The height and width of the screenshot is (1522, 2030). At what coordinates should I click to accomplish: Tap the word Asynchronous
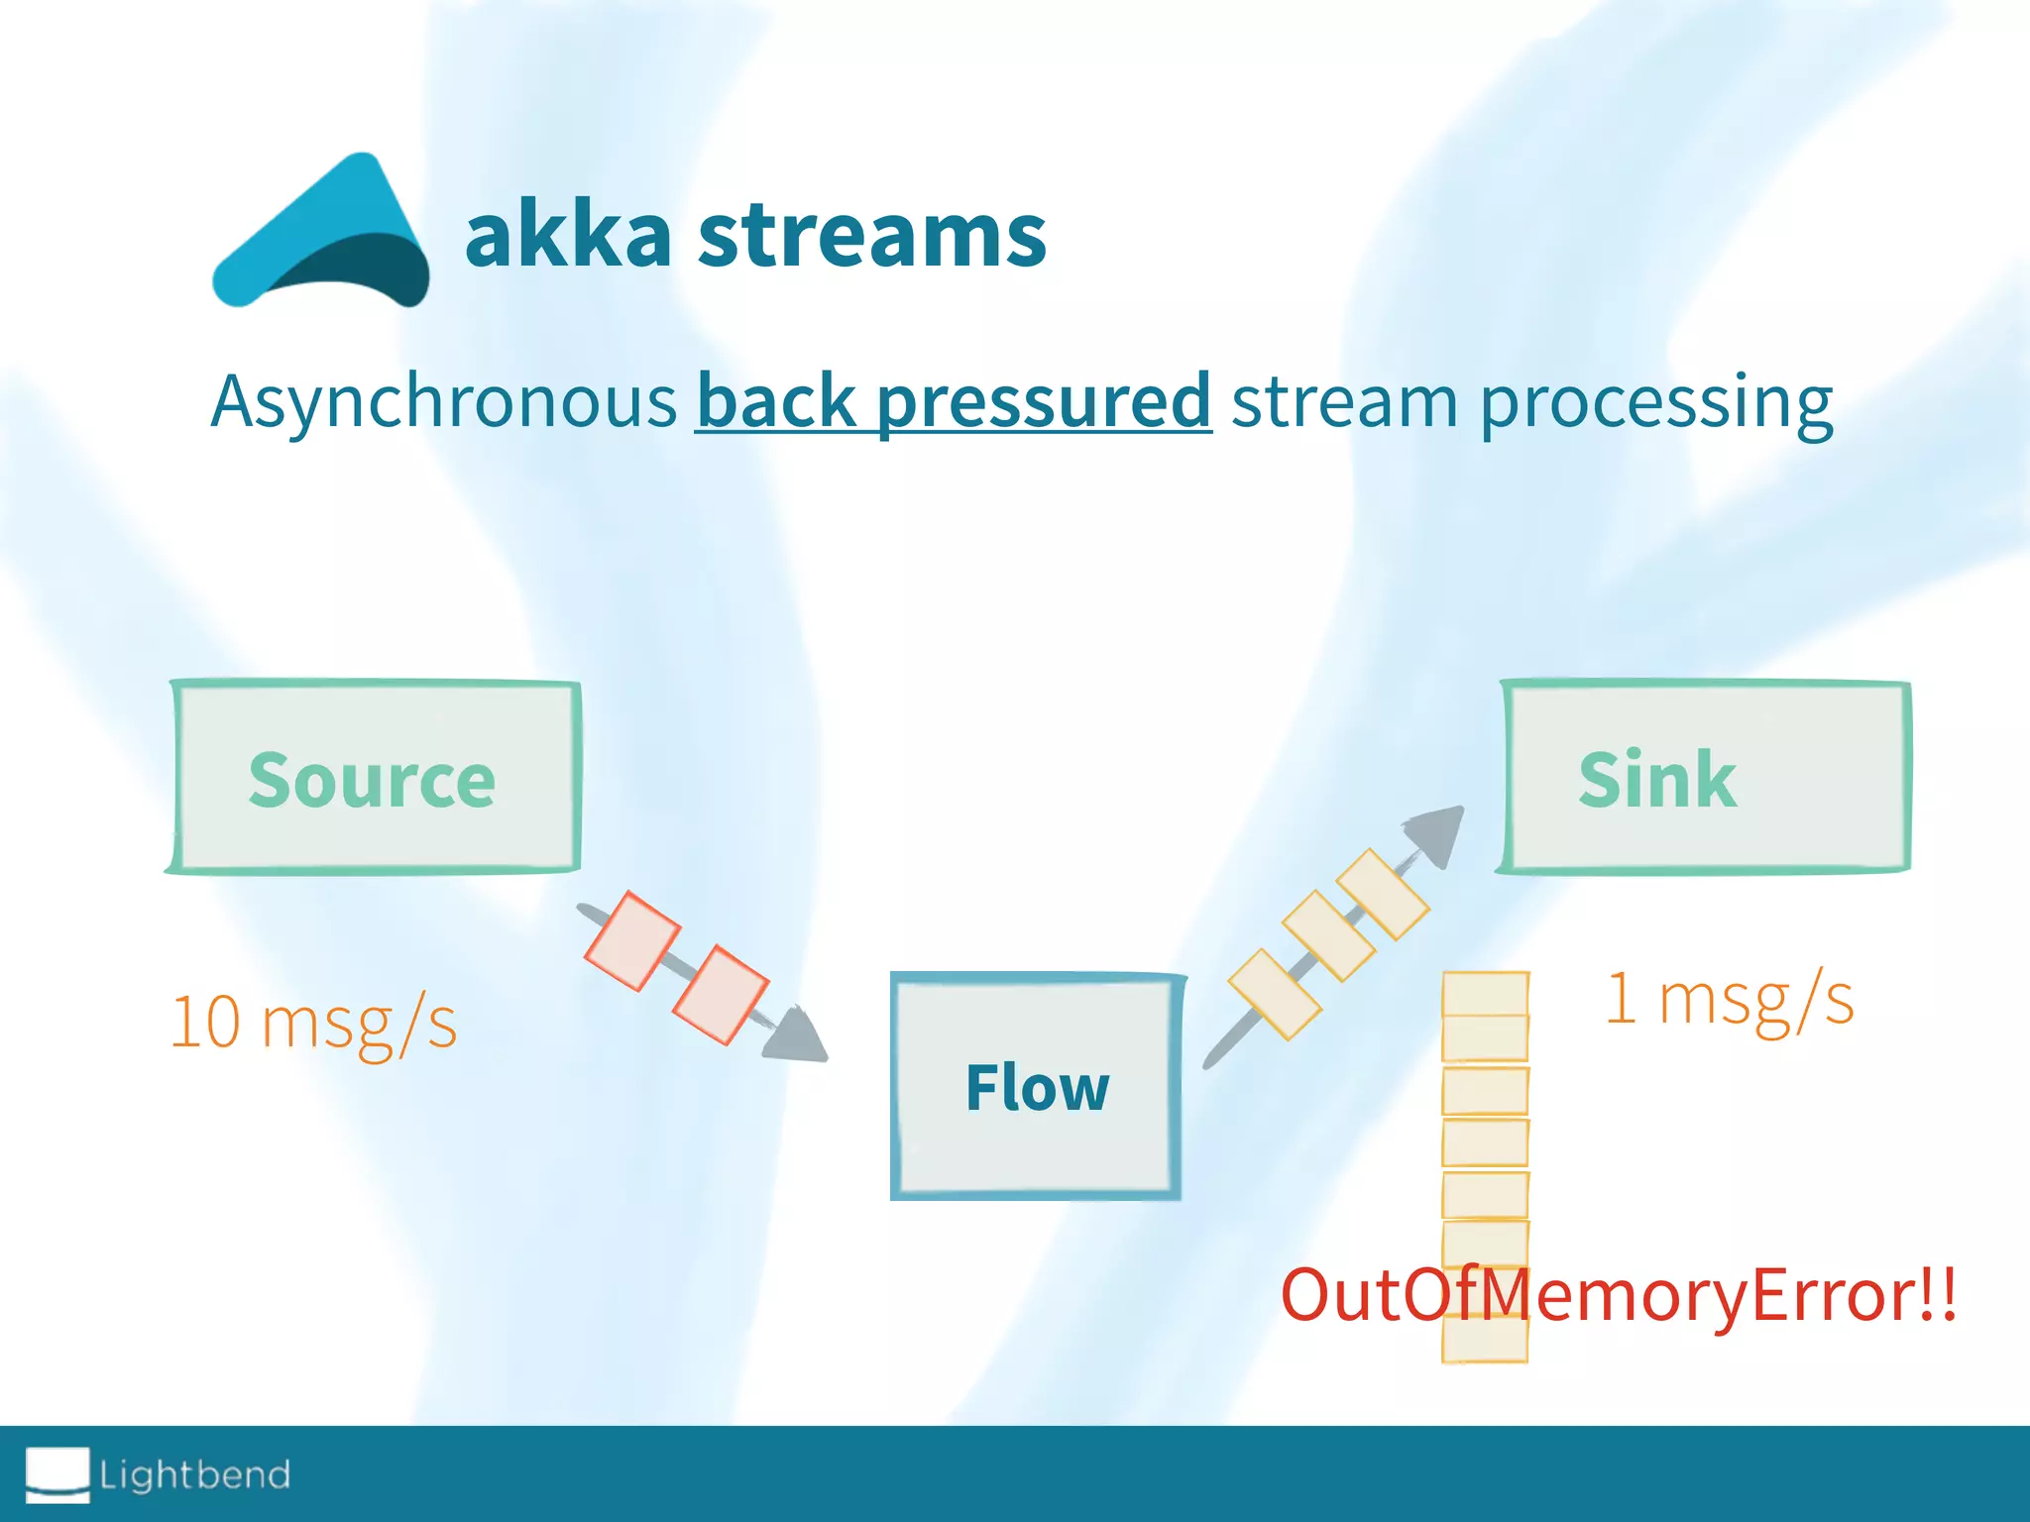[443, 401]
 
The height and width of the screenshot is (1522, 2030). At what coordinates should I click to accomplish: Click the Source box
[373, 778]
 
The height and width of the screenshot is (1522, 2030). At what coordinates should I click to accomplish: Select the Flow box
[1037, 1087]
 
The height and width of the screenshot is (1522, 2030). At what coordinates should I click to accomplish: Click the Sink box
[1705, 778]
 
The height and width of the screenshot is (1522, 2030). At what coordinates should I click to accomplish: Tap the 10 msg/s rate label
[313, 1023]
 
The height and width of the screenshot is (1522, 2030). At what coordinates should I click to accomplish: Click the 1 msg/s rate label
[1729, 999]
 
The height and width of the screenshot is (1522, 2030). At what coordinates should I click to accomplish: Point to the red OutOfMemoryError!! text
[1618, 1295]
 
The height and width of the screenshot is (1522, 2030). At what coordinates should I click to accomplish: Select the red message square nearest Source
[632, 940]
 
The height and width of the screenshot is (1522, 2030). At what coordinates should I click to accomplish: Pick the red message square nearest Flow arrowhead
[721, 995]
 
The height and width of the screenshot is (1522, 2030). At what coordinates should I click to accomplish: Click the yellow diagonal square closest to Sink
[1383, 894]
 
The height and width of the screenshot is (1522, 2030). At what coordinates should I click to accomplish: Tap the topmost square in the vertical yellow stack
[1485, 994]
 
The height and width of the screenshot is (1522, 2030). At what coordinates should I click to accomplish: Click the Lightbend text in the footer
[194, 1474]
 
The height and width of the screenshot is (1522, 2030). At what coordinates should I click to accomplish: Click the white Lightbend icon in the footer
[57, 1473]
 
